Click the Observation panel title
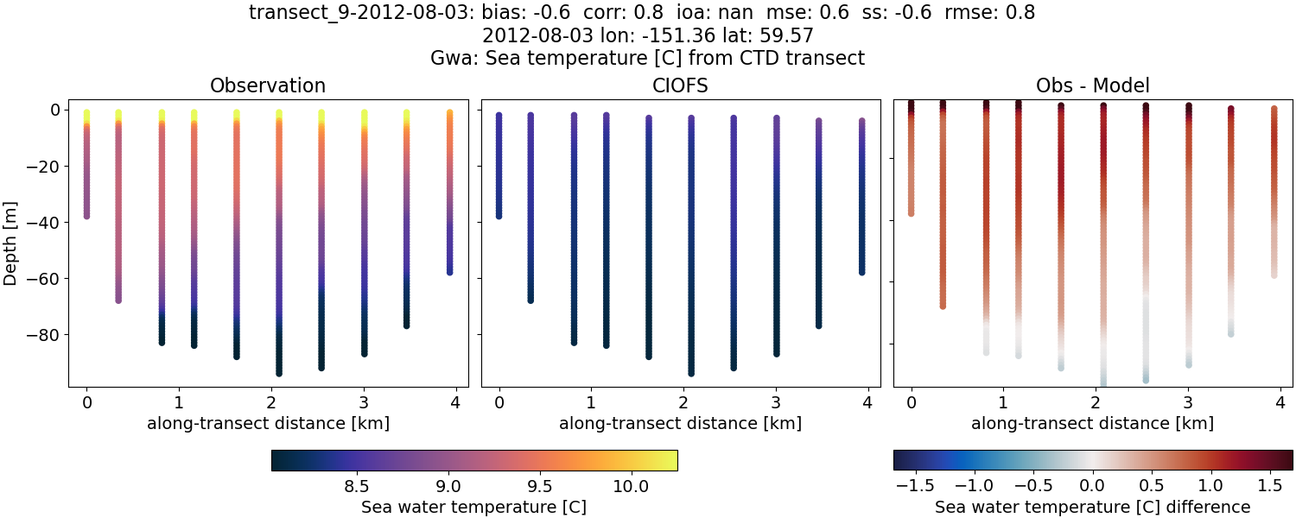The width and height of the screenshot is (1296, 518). click(268, 85)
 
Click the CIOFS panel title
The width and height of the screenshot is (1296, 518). click(680, 85)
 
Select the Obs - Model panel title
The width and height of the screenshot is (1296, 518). click(1092, 85)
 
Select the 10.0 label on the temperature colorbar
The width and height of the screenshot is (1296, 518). click(631, 485)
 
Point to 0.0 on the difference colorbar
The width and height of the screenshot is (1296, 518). click(1093, 485)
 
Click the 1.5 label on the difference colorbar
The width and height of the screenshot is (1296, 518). click(1270, 485)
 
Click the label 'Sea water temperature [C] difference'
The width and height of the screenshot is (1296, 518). click(1092, 507)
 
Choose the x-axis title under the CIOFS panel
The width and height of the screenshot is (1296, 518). click(680, 424)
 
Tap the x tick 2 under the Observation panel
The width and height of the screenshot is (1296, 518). click(271, 402)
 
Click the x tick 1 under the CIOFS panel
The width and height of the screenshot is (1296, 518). click(591, 402)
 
